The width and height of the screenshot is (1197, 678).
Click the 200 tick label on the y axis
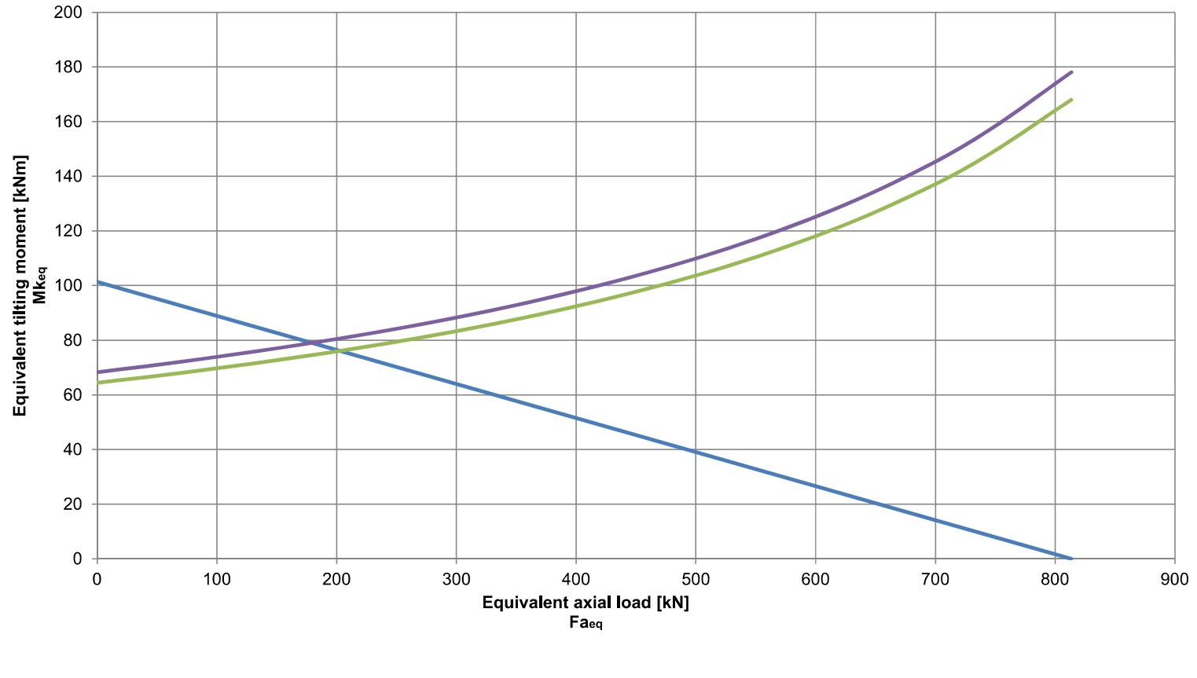[x=68, y=13]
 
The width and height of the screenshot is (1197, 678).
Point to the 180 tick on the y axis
[x=68, y=68]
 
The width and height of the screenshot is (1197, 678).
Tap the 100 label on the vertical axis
[x=68, y=286]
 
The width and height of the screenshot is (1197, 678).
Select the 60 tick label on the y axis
[x=72, y=395]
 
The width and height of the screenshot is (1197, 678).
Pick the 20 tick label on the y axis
[x=72, y=504]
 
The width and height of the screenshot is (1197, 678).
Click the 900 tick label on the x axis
[x=1174, y=580]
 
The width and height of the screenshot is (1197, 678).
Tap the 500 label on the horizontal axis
[x=696, y=580]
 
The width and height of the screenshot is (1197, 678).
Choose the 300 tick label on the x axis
[x=456, y=580]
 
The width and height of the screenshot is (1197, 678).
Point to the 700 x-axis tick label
[x=934, y=580]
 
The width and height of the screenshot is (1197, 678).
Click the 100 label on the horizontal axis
[x=217, y=580]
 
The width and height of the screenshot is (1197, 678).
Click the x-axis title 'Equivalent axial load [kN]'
[x=586, y=603]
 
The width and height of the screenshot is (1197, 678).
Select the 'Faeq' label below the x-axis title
[x=586, y=623]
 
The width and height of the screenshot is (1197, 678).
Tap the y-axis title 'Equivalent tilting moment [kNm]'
[x=20, y=286]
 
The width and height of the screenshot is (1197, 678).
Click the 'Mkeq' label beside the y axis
[x=39, y=286]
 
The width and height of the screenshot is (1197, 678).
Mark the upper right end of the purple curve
[x=1071, y=72]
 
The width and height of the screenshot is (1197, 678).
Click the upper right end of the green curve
[x=1071, y=100]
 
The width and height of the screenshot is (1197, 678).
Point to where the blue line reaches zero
[x=1070, y=559]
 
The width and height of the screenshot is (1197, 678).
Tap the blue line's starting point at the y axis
[x=97, y=281]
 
